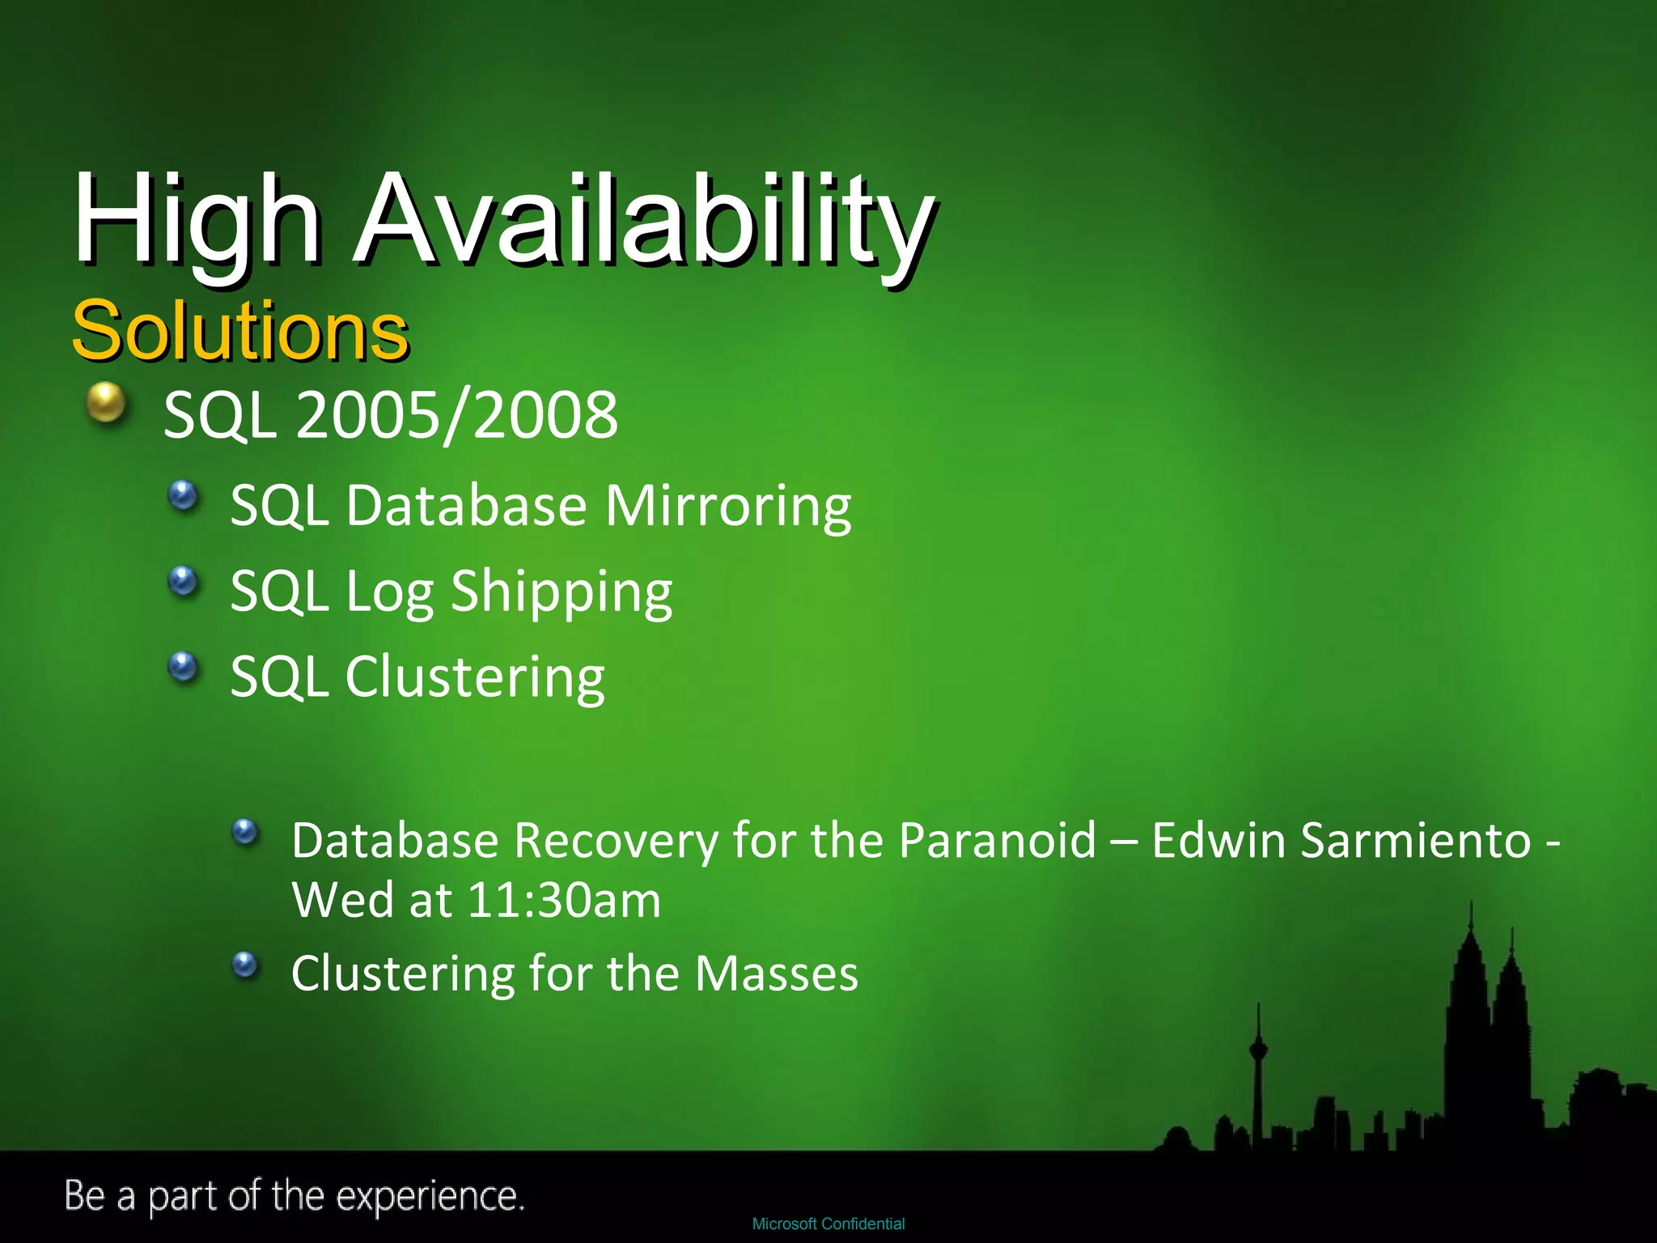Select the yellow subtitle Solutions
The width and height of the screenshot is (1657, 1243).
pos(240,330)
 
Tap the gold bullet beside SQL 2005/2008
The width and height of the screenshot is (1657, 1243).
pos(106,402)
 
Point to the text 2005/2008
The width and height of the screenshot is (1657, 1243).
pos(457,415)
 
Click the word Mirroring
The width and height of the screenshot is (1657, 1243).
pos(728,507)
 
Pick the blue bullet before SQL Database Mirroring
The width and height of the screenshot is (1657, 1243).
pos(184,494)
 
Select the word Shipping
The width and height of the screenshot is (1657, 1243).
pos(561,592)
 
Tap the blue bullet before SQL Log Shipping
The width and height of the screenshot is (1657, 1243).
pos(184,580)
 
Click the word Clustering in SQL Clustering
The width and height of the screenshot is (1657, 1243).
pos(475,677)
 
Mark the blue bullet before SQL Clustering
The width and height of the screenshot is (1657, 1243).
pos(184,667)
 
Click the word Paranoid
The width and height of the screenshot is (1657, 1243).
pos(997,840)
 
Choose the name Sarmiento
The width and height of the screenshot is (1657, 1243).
pos(1416,840)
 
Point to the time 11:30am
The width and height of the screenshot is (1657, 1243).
pos(564,900)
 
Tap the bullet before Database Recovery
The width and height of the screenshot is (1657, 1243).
pos(244,831)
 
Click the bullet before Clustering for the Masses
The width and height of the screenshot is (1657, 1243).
pos(244,964)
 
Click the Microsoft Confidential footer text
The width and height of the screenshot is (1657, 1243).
pos(828,1224)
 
